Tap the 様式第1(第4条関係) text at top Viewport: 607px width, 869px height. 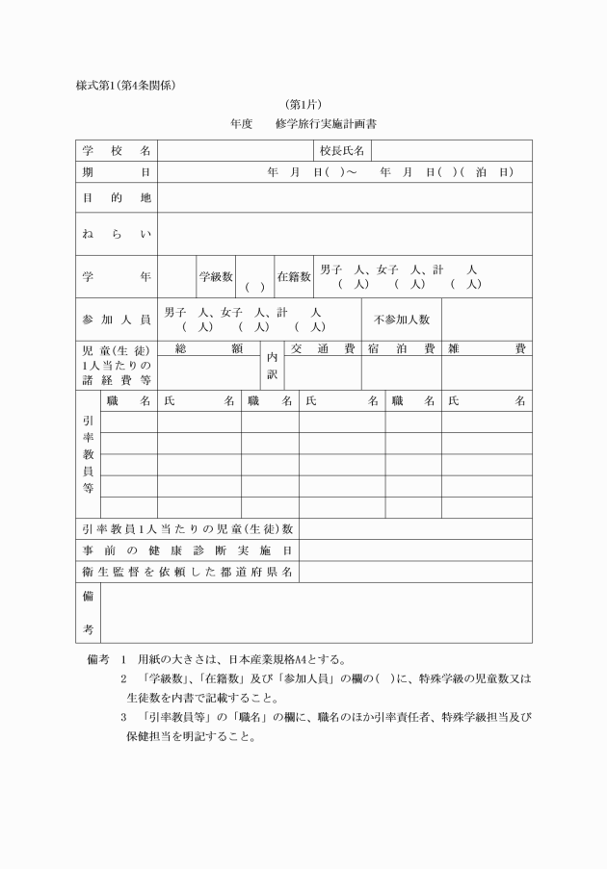pyautogui.click(x=125, y=85)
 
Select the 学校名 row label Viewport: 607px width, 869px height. pyautogui.click(x=117, y=151)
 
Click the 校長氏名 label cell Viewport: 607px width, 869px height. pyautogui.click(x=342, y=151)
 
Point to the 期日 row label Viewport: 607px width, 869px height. pyautogui.click(x=117, y=172)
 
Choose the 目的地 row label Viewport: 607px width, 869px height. pyautogui.click(x=117, y=197)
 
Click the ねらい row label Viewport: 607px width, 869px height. pyautogui.click(x=117, y=234)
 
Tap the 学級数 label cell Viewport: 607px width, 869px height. pyautogui.click(x=216, y=277)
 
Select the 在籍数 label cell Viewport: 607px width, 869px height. pyautogui.click(x=294, y=277)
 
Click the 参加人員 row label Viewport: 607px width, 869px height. pyautogui.click(x=117, y=319)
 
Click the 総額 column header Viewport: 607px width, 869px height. pyautogui.click(x=208, y=349)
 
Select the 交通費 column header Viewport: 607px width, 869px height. pyautogui.click(x=323, y=349)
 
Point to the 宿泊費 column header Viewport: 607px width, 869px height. pyautogui.click(x=401, y=349)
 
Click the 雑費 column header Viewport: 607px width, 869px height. pyautogui.click(x=487, y=349)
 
